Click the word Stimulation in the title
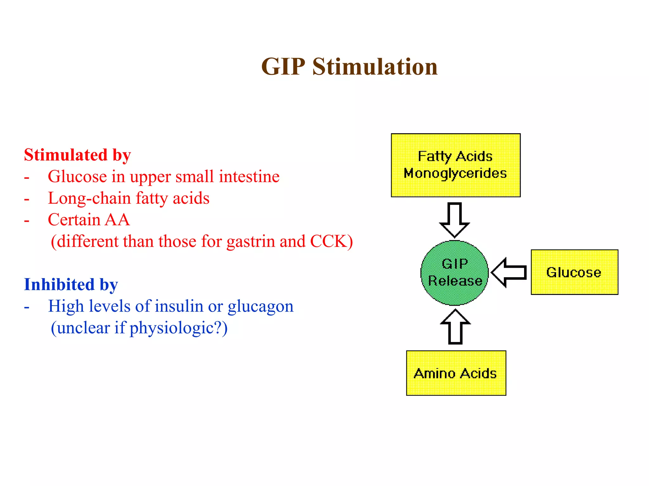(x=375, y=67)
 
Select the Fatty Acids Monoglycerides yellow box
(x=455, y=165)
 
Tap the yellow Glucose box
(x=574, y=272)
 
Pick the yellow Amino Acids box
(x=456, y=373)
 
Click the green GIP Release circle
(x=455, y=273)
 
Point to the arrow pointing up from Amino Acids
(x=455, y=327)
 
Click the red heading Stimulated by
(x=77, y=155)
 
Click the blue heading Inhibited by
(x=71, y=284)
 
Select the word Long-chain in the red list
(x=89, y=198)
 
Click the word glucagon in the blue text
(x=260, y=307)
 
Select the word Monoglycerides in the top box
(x=455, y=173)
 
